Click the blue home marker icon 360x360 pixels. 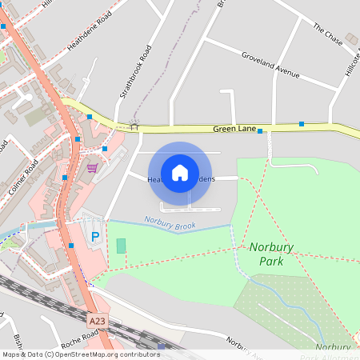(x=180, y=172)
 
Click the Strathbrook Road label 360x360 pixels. (x=135, y=72)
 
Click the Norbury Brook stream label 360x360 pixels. (x=170, y=223)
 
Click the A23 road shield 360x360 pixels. (x=97, y=320)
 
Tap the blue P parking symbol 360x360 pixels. (x=95, y=237)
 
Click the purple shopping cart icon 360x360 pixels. (x=92, y=168)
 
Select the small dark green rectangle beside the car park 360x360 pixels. (x=121, y=246)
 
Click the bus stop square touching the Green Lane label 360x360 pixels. (x=260, y=130)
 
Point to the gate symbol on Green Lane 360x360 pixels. (x=134, y=126)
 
